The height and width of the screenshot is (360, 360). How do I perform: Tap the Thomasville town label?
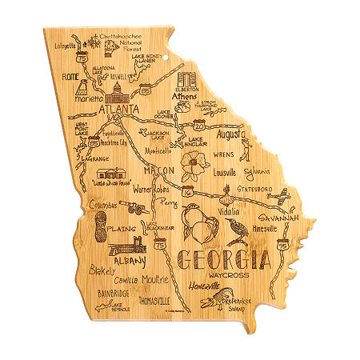154,302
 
